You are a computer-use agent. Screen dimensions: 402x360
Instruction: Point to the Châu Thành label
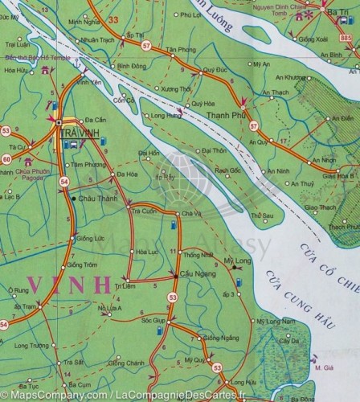[96, 198]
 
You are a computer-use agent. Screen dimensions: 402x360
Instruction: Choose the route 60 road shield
[6, 159]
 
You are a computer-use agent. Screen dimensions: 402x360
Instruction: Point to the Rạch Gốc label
[229, 170]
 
